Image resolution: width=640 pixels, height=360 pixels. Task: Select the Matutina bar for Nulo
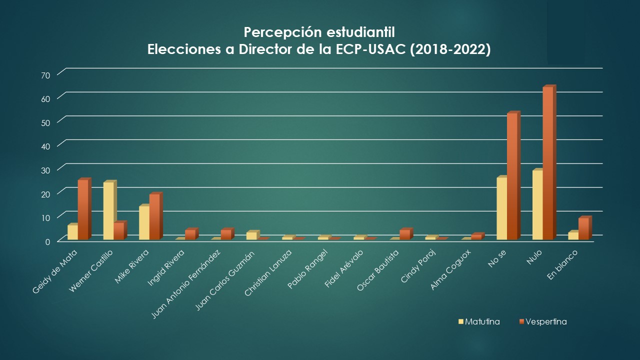click(x=537, y=205)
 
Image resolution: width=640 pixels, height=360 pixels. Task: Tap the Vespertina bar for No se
click(x=512, y=176)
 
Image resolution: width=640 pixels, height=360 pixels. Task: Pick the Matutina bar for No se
click(x=501, y=208)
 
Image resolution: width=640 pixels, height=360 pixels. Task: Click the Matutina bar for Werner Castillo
click(x=108, y=211)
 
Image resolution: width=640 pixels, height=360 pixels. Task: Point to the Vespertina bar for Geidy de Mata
click(x=82, y=210)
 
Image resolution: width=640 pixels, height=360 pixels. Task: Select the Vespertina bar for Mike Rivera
click(x=154, y=217)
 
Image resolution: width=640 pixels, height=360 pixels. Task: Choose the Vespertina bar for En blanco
click(x=583, y=229)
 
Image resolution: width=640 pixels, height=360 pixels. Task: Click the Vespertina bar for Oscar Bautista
click(x=405, y=235)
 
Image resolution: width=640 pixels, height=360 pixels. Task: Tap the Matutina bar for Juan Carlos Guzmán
click(x=251, y=236)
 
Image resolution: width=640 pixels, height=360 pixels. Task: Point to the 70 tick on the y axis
click(x=46, y=74)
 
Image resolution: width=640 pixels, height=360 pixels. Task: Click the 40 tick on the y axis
click(x=46, y=146)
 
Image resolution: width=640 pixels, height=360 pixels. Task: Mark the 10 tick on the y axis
click(x=46, y=217)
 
